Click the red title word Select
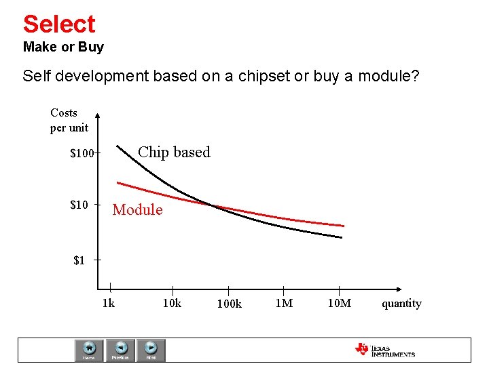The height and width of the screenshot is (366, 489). point(59,24)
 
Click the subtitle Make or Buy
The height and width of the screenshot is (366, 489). point(63,47)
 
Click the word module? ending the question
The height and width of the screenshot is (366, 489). point(386,76)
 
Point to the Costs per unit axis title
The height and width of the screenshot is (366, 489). point(69,120)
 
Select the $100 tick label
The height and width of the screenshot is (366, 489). point(81,154)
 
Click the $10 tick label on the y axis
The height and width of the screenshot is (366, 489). point(79,205)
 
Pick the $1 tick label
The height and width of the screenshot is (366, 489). point(79,260)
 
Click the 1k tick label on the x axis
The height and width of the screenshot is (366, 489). point(108,303)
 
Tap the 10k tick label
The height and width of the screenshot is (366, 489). point(172,303)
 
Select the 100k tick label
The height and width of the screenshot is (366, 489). point(229,304)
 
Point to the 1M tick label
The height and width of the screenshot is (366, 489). point(284,303)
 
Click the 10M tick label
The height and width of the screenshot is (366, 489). point(339,303)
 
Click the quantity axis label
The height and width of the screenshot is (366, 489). point(401,303)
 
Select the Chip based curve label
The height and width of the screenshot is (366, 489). point(174,152)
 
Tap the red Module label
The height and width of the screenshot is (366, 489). point(137,210)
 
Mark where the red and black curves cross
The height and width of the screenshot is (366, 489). point(213,205)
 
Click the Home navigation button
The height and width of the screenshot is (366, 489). point(89,350)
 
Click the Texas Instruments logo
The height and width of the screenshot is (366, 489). point(384,350)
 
